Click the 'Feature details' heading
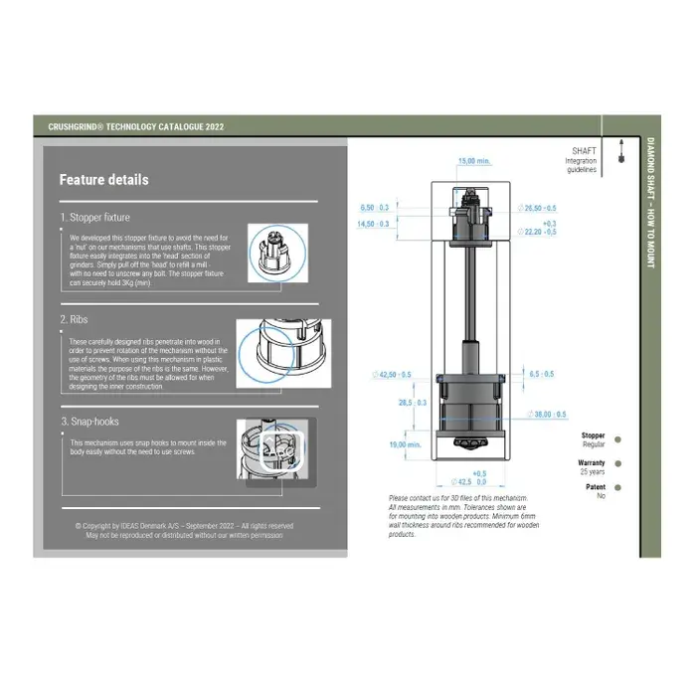103,180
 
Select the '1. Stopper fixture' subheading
94,217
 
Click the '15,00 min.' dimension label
474,161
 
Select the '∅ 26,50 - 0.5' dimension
537,208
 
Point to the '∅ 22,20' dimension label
537,231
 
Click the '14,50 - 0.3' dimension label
379,225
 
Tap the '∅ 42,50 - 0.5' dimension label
392,374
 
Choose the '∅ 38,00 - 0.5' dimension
547,414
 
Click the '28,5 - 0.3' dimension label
413,403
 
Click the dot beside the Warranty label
618,463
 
